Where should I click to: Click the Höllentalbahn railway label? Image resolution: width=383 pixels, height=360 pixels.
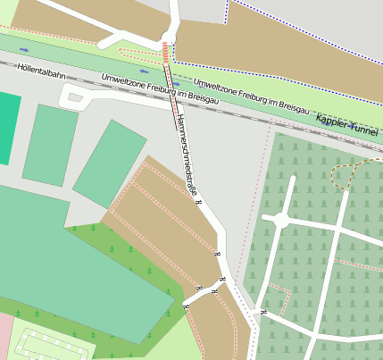(39, 76)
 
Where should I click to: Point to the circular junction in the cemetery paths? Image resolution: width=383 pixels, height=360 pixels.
(280, 220)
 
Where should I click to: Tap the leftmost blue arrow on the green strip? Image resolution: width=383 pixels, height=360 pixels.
(23, 49)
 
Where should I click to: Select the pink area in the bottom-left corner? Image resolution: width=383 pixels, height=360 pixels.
(4, 335)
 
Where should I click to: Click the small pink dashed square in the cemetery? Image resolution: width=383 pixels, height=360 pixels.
(278, 299)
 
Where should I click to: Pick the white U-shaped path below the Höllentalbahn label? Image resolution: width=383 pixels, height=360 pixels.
(75, 99)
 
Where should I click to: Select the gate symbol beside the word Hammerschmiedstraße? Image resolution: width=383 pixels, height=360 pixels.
(199, 203)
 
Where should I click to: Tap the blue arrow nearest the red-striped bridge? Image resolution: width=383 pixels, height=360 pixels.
(176, 84)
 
